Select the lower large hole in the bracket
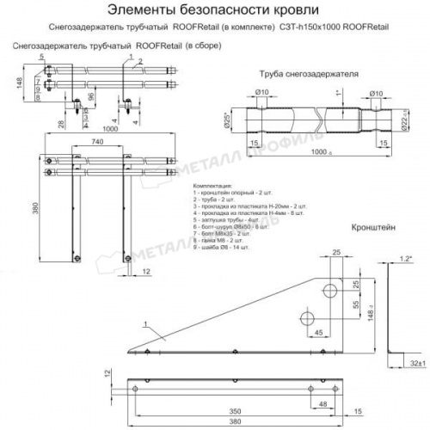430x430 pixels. click(x=305, y=311)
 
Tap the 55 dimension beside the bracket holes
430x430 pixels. click(x=354, y=304)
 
